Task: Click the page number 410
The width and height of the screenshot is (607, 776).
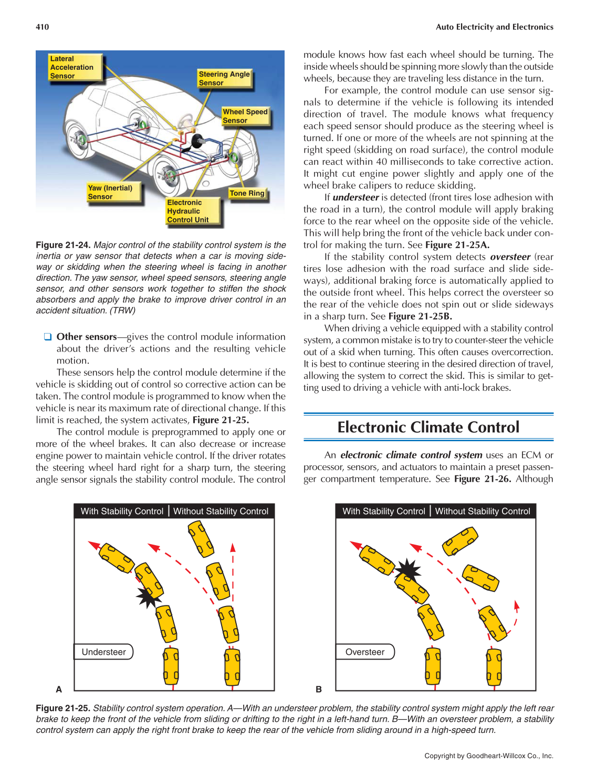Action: click(42, 27)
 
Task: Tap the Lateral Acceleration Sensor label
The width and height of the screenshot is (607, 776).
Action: click(72, 67)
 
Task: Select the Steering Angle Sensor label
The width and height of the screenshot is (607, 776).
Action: click(224, 78)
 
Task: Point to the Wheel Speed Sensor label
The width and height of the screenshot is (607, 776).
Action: click(245, 116)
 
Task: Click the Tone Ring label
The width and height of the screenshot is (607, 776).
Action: click(247, 193)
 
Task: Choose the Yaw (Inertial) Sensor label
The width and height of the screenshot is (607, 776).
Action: click(110, 192)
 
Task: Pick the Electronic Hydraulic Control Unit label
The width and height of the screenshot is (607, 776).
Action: click(188, 211)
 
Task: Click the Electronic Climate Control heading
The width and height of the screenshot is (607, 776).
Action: click(428, 427)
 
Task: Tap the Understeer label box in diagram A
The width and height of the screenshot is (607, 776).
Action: click(103, 652)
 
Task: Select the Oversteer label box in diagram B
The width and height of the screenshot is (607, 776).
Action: click(365, 652)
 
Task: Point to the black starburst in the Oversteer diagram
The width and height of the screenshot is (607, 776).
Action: click(408, 569)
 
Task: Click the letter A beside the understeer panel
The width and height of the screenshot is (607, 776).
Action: click(59, 689)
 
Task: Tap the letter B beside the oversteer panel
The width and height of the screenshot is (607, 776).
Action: click(319, 689)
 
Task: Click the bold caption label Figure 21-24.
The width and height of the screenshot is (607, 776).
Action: click(63, 245)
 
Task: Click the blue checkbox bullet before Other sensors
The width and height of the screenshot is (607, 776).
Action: click(48, 337)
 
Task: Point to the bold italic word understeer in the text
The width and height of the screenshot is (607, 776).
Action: click(355, 197)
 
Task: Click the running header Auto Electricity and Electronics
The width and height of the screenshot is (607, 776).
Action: click(494, 27)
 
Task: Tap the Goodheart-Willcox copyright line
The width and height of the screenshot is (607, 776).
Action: click(488, 756)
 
